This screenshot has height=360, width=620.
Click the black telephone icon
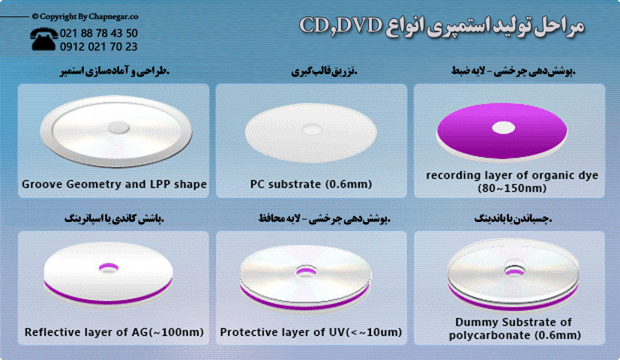(x=45, y=38)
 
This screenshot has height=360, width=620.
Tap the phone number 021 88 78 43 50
(x=100, y=33)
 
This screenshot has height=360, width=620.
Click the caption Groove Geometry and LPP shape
(x=114, y=184)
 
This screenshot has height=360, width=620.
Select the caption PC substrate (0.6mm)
(x=311, y=184)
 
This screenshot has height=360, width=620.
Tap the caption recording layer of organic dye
(x=512, y=175)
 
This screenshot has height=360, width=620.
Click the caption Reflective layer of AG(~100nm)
(x=113, y=331)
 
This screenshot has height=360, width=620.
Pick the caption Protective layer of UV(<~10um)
(x=311, y=331)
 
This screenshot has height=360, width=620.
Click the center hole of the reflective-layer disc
(x=108, y=266)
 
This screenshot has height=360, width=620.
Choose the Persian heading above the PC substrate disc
(x=324, y=72)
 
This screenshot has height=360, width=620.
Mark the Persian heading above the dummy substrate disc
(x=513, y=219)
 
